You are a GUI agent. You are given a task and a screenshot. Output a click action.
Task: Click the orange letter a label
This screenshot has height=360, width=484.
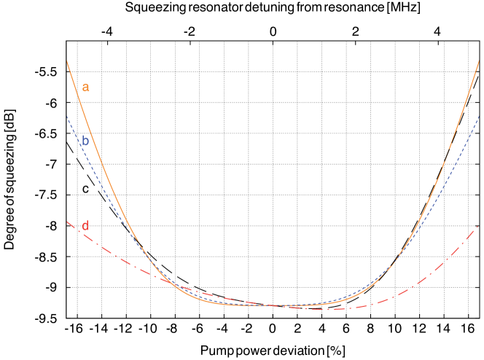coord(85,87)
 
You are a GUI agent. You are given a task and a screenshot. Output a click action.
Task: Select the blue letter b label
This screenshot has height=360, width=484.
coord(85,141)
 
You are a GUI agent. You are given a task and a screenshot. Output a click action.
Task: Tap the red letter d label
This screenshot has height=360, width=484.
coord(85,226)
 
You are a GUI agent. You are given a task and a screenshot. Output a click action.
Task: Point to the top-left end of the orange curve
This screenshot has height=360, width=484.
coord(67,60)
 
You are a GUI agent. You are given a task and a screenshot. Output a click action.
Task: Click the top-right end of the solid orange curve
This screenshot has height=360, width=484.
coord(479,60)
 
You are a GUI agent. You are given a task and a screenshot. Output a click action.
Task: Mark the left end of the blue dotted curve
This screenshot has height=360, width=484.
coord(67,116)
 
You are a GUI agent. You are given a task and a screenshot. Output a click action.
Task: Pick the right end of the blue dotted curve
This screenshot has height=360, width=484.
coord(479,116)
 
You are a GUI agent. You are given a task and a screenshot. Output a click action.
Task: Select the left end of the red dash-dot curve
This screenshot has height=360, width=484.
coord(67,222)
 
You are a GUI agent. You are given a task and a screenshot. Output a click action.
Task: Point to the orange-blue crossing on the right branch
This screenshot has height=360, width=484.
coord(396,261)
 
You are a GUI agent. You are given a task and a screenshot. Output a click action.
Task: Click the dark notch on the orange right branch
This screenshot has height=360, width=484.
coord(447,152)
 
